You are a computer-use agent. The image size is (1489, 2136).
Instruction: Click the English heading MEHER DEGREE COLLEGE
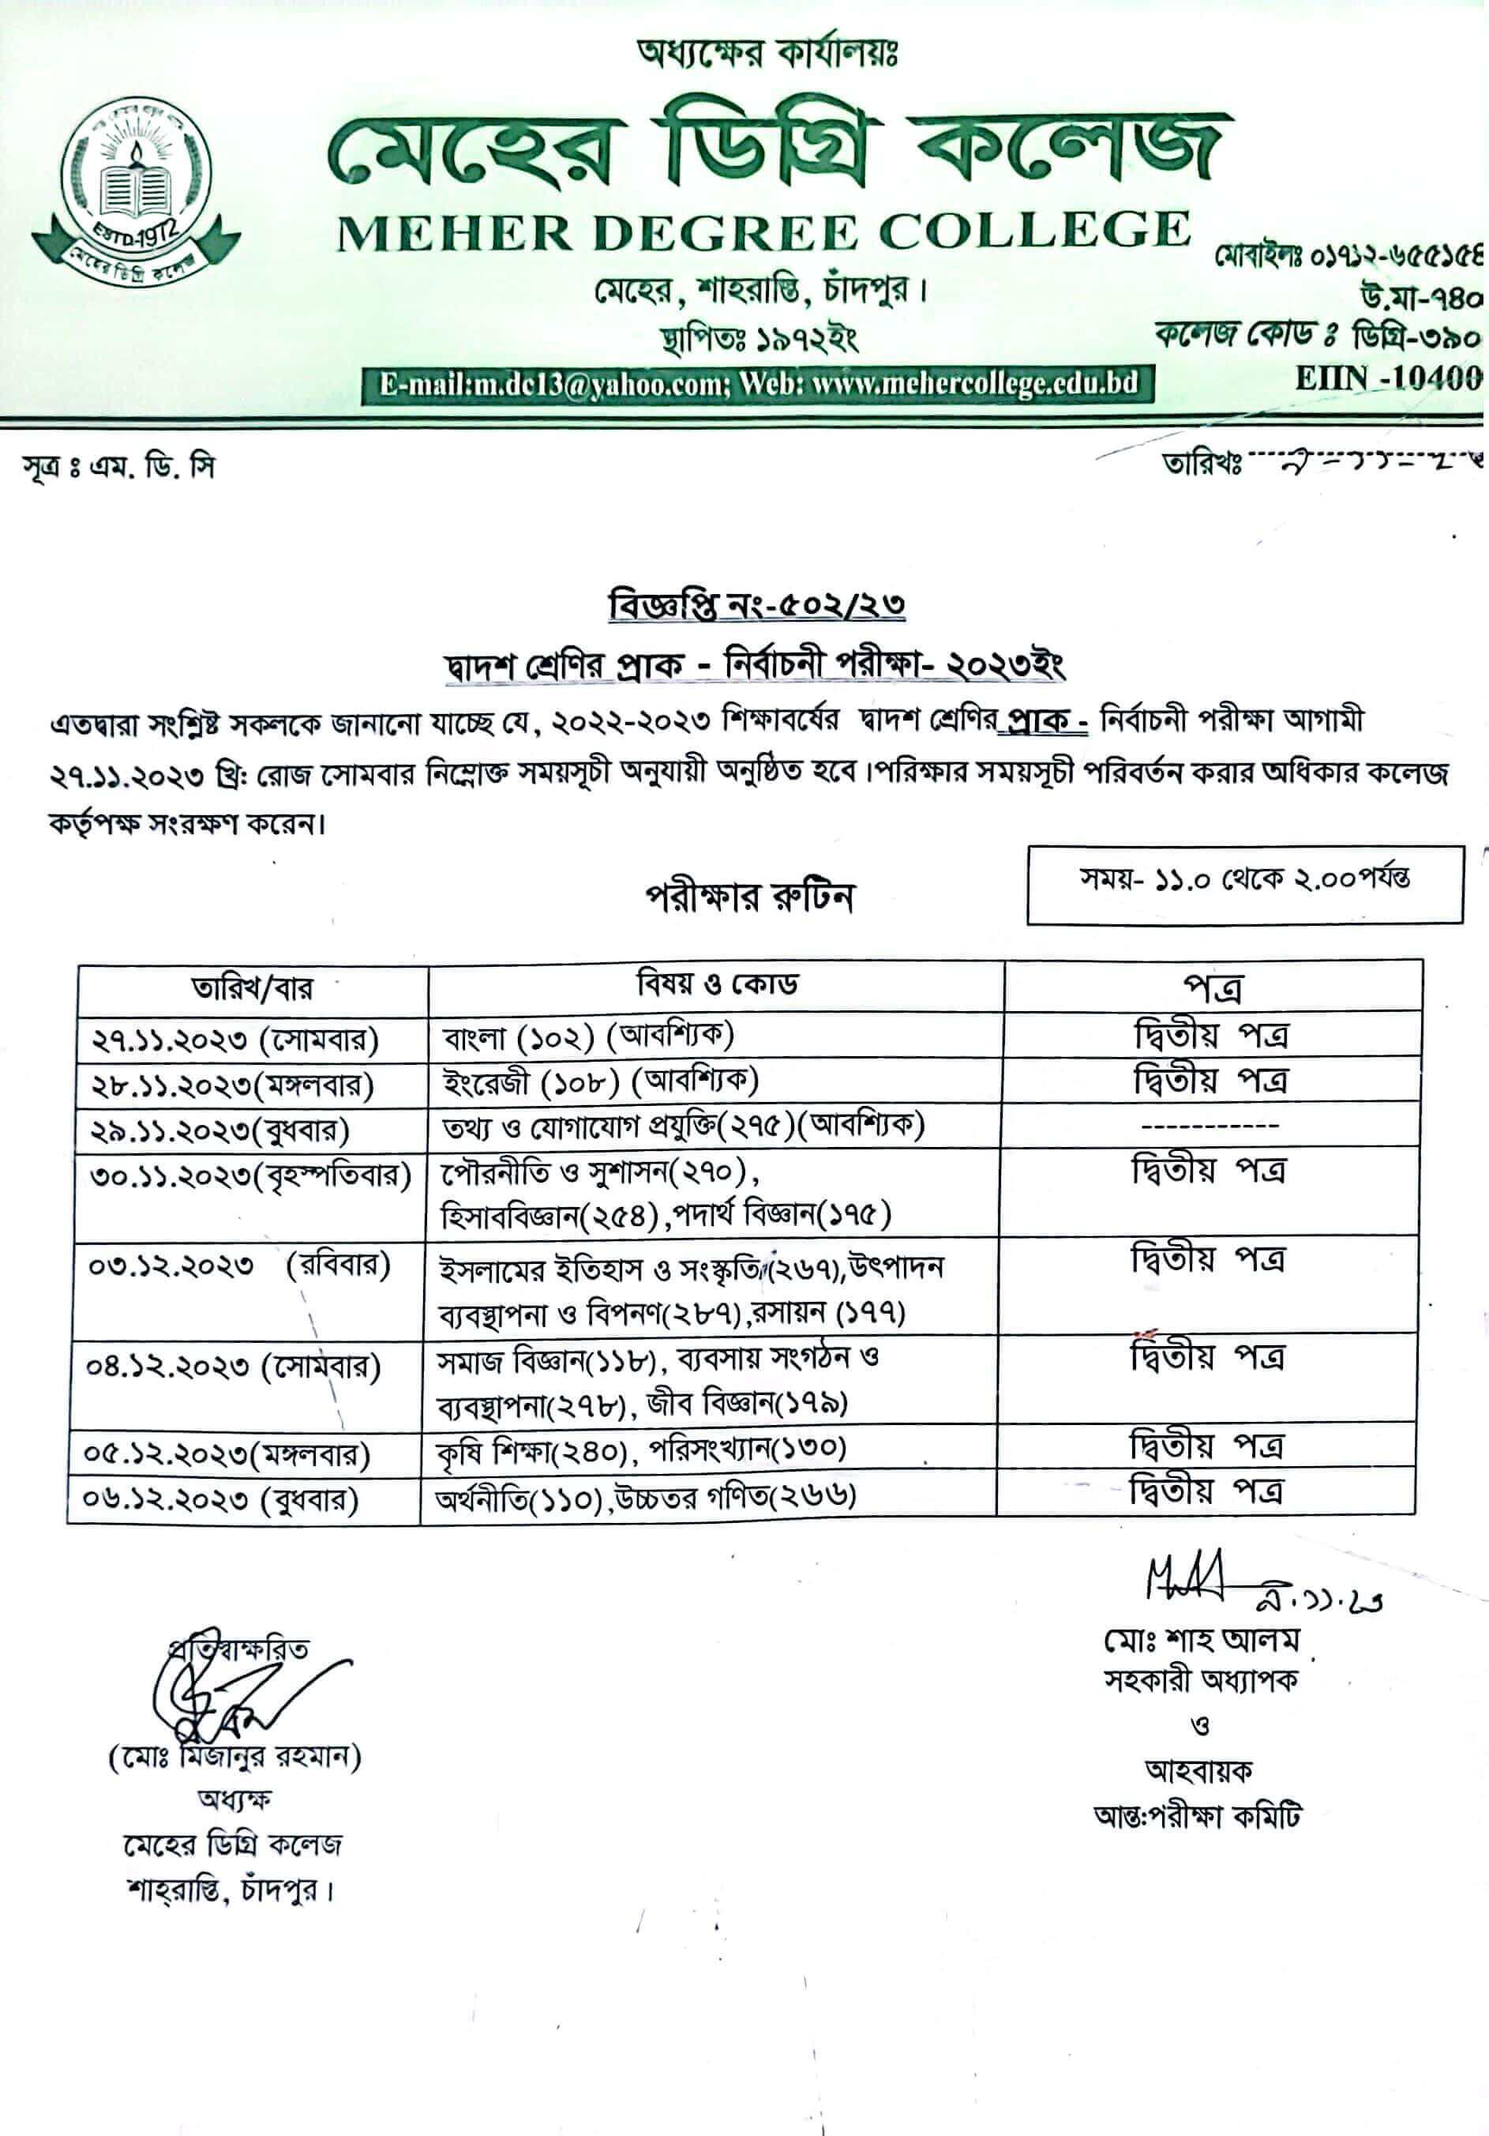tap(763, 232)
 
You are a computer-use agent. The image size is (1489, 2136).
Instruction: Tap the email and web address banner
tap(758, 384)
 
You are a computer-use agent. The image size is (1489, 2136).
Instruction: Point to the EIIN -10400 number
tap(1388, 378)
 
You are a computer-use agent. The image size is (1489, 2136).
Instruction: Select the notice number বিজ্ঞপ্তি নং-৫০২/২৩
tap(756, 606)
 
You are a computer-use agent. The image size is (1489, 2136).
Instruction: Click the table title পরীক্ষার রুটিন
tap(749, 897)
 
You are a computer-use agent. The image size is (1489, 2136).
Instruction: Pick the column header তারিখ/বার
tap(252, 988)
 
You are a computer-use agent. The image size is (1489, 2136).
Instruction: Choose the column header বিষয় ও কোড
tap(716, 984)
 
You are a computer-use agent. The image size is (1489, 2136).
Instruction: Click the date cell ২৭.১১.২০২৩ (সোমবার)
tap(234, 1039)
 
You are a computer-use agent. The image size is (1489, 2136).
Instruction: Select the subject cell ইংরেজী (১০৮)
tap(600, 1082)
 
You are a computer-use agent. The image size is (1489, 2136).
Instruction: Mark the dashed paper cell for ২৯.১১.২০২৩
tap(1210, 1126)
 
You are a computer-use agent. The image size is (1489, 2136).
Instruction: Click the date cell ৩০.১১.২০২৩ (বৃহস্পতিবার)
tap(249, 1176)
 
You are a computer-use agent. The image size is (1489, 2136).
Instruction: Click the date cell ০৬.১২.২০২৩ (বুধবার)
tap(223, 1499)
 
